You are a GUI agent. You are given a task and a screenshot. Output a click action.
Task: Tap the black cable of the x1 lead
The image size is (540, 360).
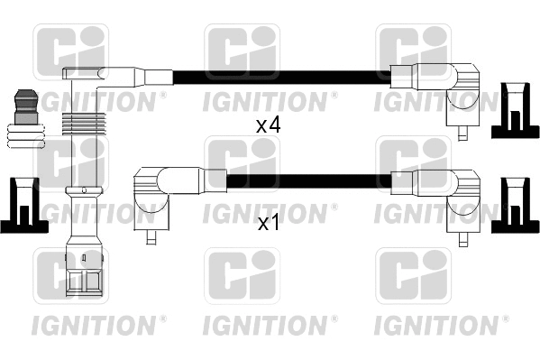[x=307, y=180]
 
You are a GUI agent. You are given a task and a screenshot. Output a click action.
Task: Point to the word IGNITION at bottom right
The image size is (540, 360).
[x=439, y=321]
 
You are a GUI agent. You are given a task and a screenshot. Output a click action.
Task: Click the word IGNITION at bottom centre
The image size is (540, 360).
[x=268, y=321]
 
